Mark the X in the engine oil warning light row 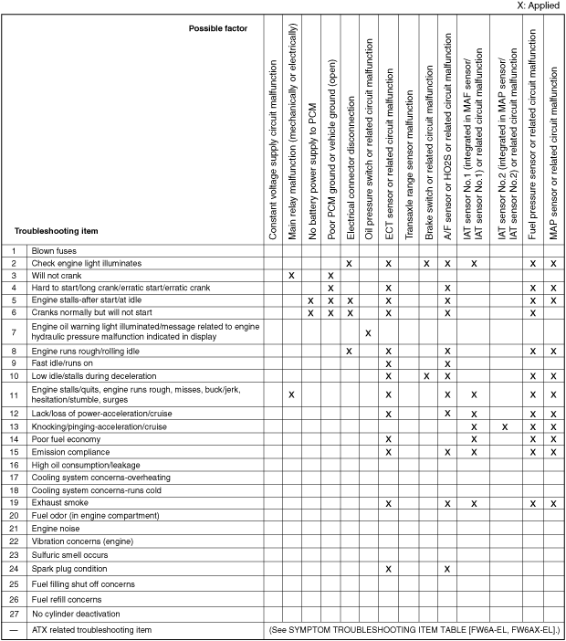pyautogui.click(x=368, y=332)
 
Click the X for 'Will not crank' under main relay pyautogui.click(x=291, y=275)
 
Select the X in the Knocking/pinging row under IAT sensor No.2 pyautogui.click(x=505, y=426)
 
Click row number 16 pyautogui.click(x=15, y=465)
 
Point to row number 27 pyautogui.click(x=15, y=615)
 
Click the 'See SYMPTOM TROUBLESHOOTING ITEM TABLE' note pyautogui.click(x=414, y=631)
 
